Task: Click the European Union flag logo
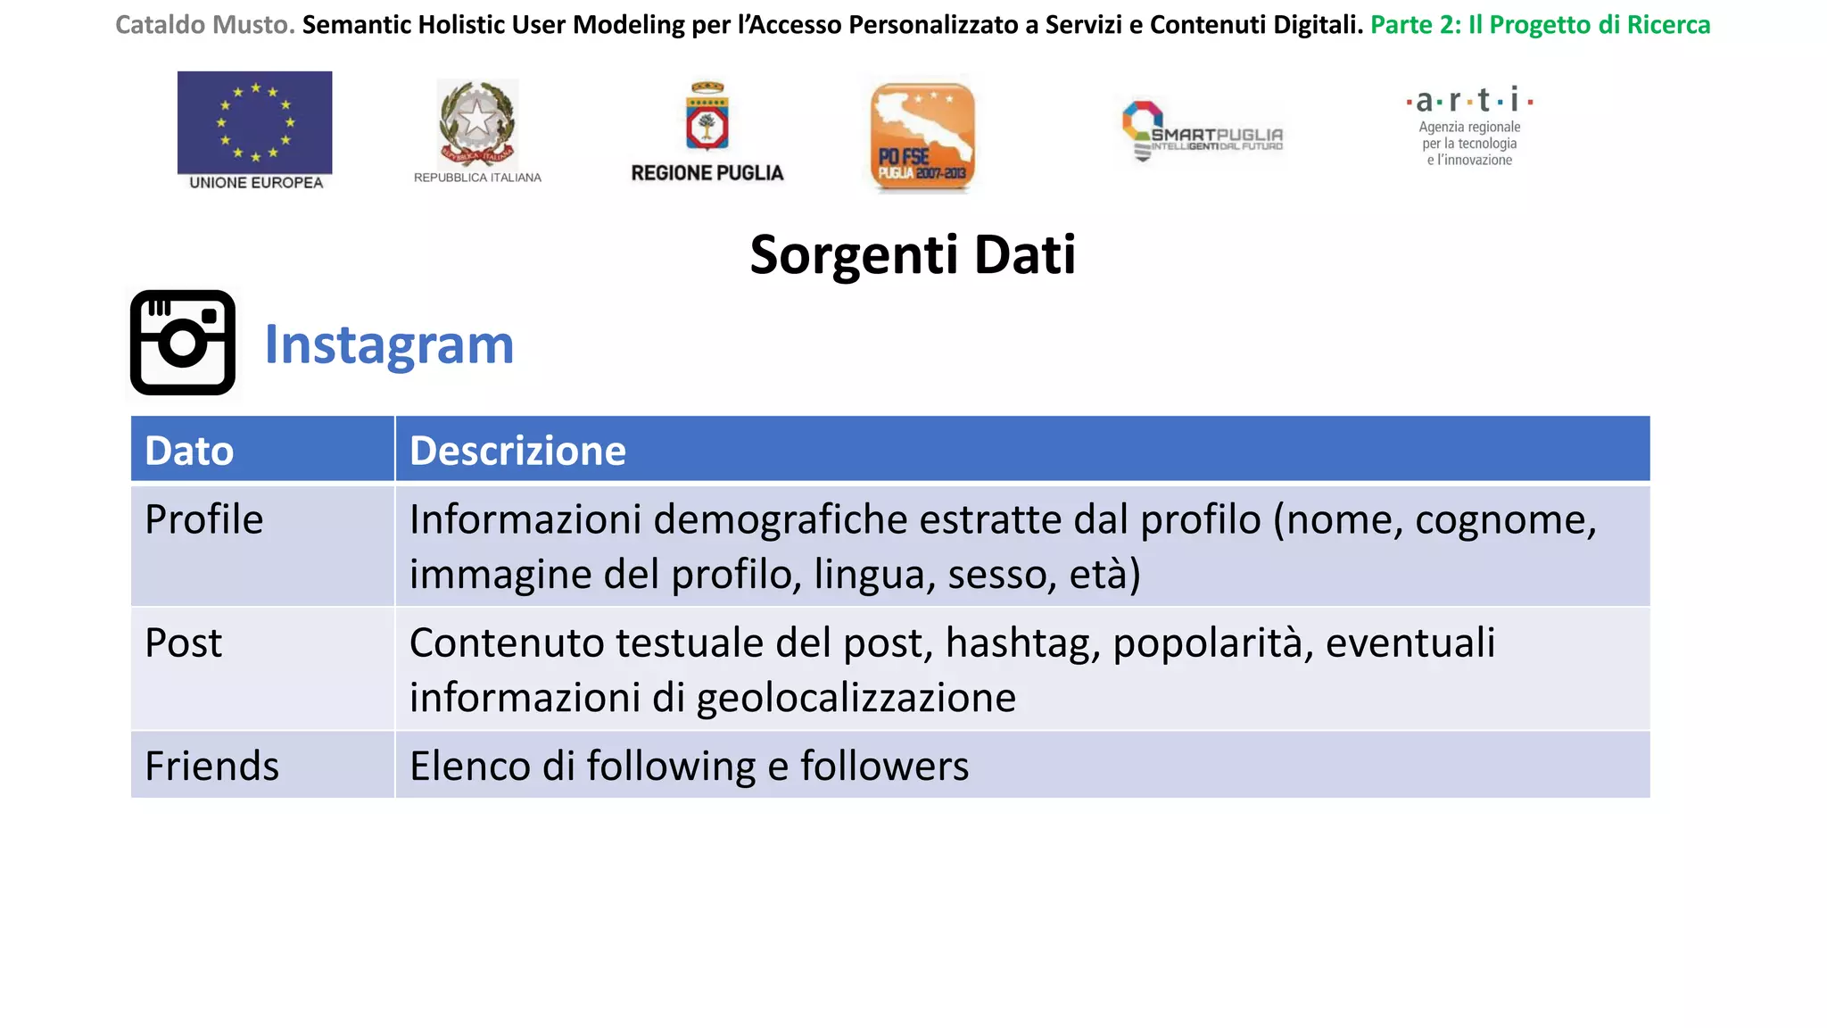coord(255,122)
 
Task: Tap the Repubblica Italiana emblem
coord(477,123)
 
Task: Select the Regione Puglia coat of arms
coord(707,116)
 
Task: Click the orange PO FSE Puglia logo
coord(922,136)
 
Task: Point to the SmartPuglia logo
coord(1202,132)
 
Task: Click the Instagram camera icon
coord(183,343)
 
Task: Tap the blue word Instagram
coord(389,345)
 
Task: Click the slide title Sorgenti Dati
coord(913,254)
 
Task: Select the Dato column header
coord(189,451)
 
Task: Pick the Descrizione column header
coord(517,451)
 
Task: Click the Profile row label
coord(204,519)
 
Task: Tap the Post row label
coord(184,642)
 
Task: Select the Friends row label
coord(212,766)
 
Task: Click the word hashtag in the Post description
coord(1022,643)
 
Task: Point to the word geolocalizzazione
coord(856,698)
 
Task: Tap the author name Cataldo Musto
coord(204,25)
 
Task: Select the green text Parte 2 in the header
coord(1416,25)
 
